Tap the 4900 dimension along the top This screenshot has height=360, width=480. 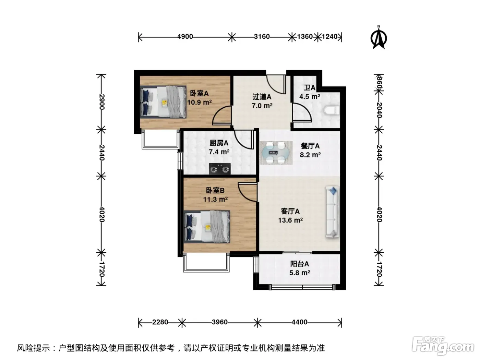tap(185, 36)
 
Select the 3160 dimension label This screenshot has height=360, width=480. tap(262, 36)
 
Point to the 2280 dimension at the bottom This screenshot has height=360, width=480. tap(160, 322)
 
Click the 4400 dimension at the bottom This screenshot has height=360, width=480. tap(299, 322)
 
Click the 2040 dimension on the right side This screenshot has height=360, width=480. tap(379, 110)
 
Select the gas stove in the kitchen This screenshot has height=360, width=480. tap(220, 169)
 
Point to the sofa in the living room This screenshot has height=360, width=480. tap(332, 212)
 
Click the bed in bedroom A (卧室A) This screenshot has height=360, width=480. tap(163, 102)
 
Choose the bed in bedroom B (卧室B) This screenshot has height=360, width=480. tap(207, 227)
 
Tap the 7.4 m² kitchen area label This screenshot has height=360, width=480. tap(219, 152)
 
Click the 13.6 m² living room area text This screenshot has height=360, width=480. tap(290, 220)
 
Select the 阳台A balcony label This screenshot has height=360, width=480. tap(299, 264)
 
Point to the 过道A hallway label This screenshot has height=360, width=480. tap(262, 97)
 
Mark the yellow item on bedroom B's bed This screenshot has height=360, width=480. tap(208, 227)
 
